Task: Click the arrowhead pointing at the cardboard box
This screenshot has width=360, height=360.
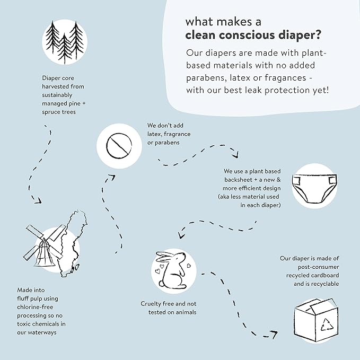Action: pos(274,335)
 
